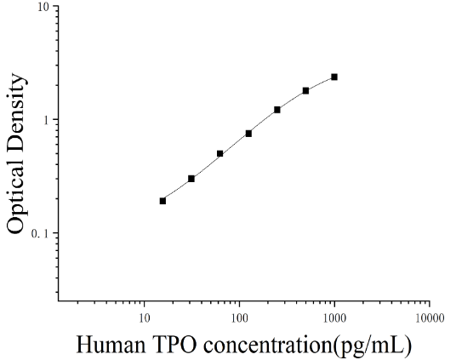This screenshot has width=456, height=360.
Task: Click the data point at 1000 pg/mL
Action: (x=334, y=77)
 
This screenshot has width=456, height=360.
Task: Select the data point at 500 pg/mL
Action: (x=305, y=91)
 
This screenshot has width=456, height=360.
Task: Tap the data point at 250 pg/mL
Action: (x=277, y=110)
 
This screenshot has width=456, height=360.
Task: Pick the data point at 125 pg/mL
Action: (x=248, y=134)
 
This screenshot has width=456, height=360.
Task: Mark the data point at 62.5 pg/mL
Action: (x=220, y=154)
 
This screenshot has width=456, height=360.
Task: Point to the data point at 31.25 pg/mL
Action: (x=191, y=179)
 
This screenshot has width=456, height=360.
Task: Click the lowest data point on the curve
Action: (x=162, y=201)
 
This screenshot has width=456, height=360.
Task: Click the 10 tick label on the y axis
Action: (x=44, y=7)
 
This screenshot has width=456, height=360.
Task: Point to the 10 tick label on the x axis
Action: (x=144, y=318)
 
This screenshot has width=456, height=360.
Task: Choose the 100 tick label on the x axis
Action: (x=239, y=318)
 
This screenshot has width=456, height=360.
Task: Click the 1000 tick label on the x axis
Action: (x=334, y=318)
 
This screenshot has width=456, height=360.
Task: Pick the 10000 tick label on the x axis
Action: (x=430, y=318)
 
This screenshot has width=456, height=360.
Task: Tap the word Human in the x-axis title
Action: (x=111, y=345)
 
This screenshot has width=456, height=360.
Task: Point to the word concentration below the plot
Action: (x=266, y=345)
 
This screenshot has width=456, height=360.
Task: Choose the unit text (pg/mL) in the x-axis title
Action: (x=372, y=346)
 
